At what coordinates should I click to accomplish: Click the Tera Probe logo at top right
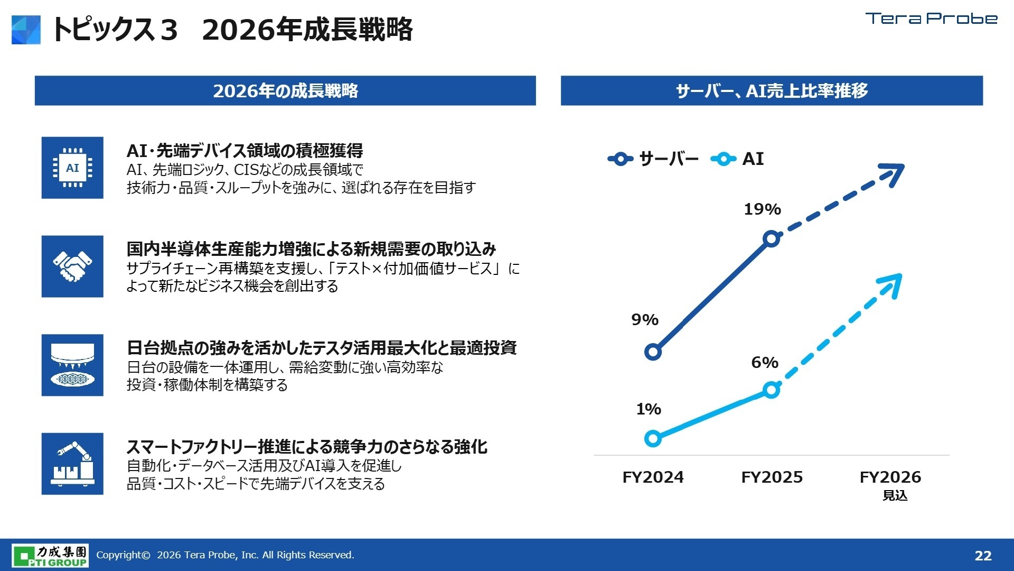931,19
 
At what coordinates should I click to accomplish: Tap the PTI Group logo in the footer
51,555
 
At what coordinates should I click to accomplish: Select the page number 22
983,556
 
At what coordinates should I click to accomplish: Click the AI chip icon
72,168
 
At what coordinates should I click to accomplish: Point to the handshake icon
72,266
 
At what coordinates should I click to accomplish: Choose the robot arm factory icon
72,464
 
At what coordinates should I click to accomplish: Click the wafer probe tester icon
72,365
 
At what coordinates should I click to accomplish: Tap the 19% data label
762,209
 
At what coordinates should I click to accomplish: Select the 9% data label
644,320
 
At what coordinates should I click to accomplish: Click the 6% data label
764,363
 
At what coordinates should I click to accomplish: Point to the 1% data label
648,409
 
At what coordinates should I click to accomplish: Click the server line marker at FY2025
772,239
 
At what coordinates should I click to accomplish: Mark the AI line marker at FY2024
653,438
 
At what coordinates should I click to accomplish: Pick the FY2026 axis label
890,477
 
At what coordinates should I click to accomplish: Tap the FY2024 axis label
653,477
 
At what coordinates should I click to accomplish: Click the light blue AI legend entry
738,159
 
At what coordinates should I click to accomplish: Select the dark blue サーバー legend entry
654,159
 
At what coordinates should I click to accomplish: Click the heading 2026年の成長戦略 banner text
285,91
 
